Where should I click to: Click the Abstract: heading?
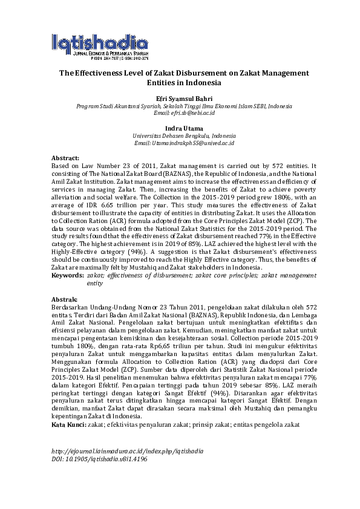tap(65, 157)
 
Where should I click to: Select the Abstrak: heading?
tap(65, 300)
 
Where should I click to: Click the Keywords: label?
tap(67, 275)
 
